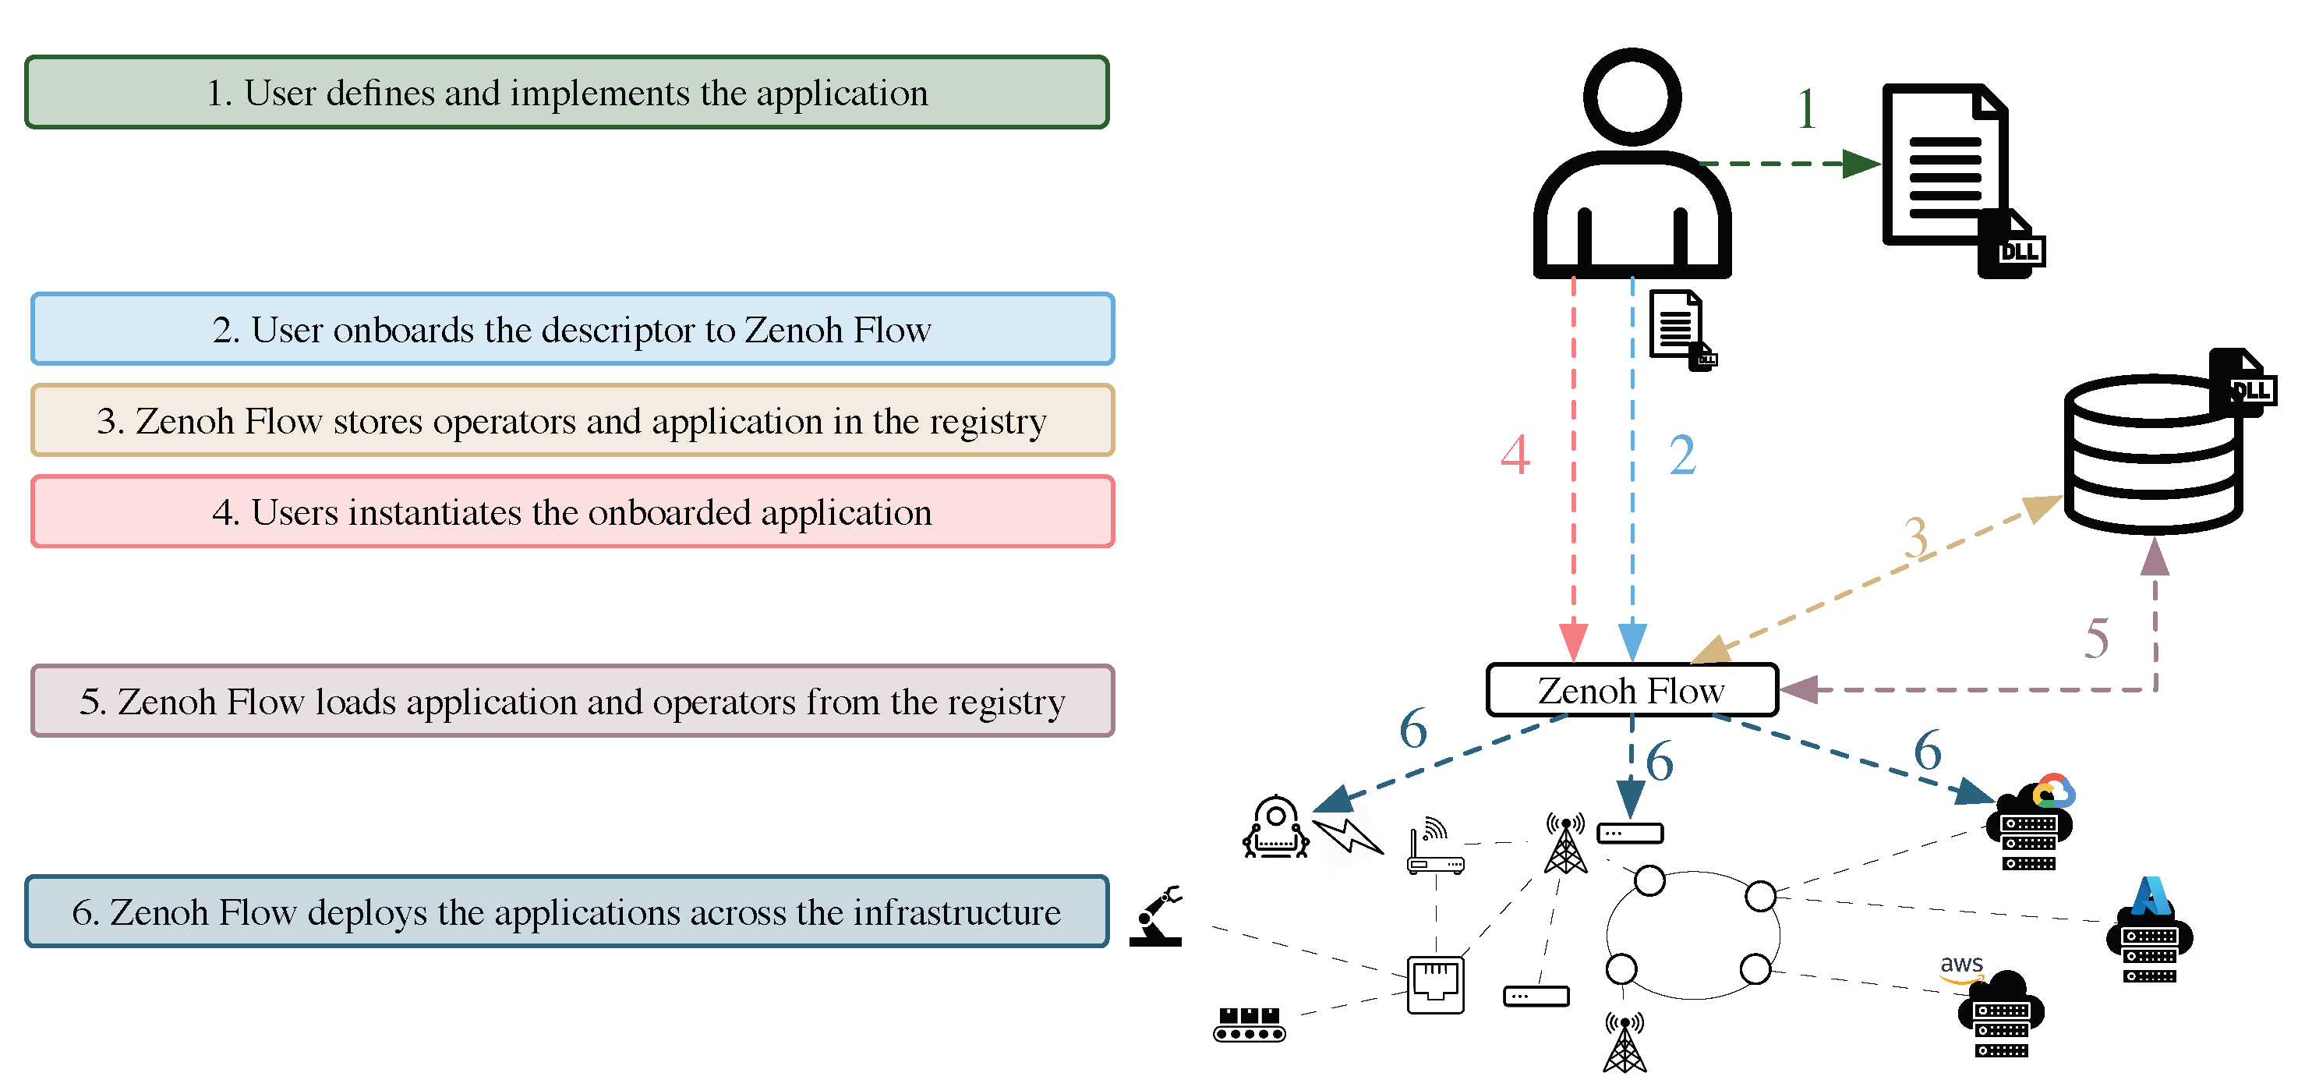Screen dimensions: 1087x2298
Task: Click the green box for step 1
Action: [567, 93]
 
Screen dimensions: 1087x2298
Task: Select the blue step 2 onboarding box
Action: [572, 329]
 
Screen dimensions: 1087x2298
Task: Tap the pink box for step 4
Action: [572, 512]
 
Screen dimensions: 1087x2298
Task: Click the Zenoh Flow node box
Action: [1632, 690]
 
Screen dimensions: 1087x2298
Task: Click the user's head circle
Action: [1632, 97]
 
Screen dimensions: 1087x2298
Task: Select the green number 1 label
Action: [1806, 109]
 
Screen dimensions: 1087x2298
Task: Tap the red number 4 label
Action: [1515, 455]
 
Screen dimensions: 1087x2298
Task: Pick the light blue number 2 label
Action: [1682, 455]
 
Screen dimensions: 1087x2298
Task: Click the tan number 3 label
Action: [1915, 538]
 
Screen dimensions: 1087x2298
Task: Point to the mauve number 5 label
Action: [2096, 638]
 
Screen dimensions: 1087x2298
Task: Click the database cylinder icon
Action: [2152, 456]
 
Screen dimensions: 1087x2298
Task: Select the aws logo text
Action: [1962, 964]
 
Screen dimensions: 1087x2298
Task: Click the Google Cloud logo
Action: [2053, 791]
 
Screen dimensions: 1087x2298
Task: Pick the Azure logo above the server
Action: [2151, 896]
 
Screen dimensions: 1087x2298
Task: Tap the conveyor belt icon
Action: [1249, 1025]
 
